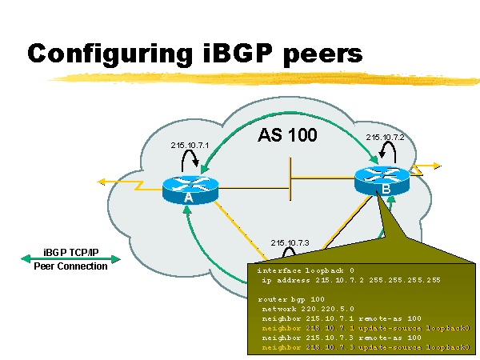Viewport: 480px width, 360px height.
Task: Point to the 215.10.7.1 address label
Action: pyautogui.click(x=190, y=145)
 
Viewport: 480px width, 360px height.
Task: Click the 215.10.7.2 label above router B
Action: pyautogui.click(x=385, y=137)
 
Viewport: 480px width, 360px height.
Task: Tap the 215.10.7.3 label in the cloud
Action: pyautogui.click(x=290, y=242)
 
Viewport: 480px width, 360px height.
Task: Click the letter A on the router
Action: pyautogui.click(x=189, y=197)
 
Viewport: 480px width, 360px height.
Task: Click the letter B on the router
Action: pyautogui.click(x=386, y=190)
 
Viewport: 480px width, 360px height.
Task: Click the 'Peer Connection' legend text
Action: pyautogui.click(x=70, y=266)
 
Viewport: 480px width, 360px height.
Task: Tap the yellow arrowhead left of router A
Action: pyautogui.click(x=102, y=182)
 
